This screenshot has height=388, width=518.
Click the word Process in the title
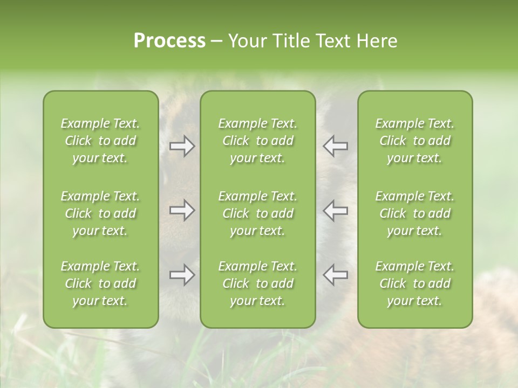[169, 41]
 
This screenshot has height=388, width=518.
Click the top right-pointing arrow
[182, 146]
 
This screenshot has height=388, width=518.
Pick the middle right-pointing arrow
[182, 210]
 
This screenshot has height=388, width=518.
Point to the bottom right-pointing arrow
[182, 275]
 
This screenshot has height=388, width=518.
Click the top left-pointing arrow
[336, 146]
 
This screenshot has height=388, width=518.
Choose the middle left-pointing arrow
[336, 210]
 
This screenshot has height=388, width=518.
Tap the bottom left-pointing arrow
[336, 275]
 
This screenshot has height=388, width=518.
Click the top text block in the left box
[100, 141]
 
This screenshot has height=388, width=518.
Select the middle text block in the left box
[100, 213]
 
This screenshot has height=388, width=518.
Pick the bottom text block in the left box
[100, 283]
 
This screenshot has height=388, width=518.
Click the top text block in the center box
[257, 141]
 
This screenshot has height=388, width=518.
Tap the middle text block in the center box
[257, 213]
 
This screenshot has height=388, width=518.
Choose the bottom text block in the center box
[257, 283]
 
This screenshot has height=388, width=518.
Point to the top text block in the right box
[414, 141]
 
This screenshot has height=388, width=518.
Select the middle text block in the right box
[414, 213]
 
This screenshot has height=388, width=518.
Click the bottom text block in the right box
[414, 283]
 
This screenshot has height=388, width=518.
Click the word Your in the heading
[247, 41]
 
